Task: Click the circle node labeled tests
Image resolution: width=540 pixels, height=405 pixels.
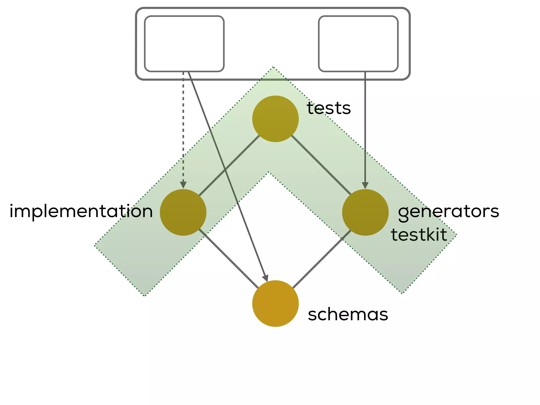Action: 275,119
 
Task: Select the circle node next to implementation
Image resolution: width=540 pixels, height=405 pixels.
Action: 183,212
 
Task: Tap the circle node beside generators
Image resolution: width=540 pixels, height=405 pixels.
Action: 365,212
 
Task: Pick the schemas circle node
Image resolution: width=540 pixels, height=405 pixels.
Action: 275,303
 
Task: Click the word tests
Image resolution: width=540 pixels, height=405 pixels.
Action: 329,108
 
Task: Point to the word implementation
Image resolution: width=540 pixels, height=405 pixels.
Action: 81,211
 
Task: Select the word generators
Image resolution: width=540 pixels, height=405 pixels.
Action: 448,211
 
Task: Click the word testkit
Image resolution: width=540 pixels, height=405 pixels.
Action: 419,235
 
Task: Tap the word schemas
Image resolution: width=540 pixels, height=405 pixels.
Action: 348,314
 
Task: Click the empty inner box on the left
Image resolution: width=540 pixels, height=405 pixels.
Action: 184,44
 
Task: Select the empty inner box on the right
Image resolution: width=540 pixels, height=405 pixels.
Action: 358,44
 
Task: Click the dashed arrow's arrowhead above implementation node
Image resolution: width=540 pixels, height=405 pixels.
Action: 183,185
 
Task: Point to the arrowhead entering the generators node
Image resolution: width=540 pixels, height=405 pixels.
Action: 365,185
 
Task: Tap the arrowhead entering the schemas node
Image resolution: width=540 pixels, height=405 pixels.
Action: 266,278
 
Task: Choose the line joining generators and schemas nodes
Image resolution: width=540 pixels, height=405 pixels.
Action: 322,259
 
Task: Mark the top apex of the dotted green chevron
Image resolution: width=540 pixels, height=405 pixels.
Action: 273,67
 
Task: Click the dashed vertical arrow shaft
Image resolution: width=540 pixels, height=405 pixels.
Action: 183,127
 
